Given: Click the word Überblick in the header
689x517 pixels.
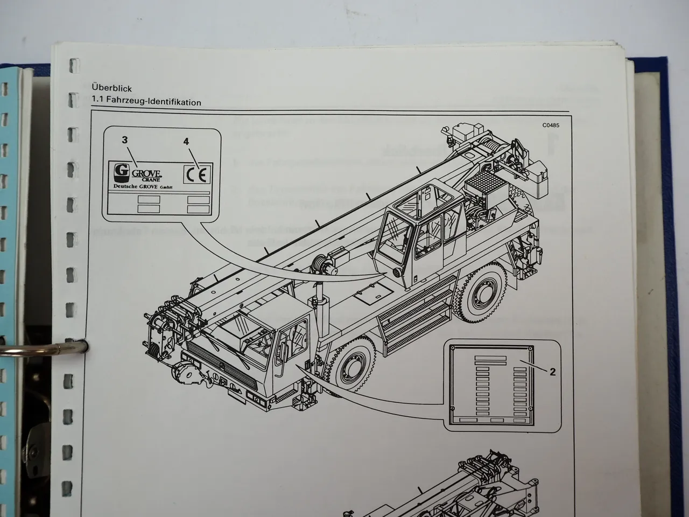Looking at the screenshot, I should click(x=112, y=89).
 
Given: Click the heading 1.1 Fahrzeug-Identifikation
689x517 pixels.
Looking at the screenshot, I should click(x=146, y=102).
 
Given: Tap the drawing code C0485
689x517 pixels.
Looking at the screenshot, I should click(x=551, y=127).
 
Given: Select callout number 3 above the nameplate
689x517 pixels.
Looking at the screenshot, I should click(x=124, y=140).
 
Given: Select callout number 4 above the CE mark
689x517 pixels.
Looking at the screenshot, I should click(x=186, y=142).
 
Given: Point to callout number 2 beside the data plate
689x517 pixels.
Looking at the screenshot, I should click(x=552, y=372).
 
